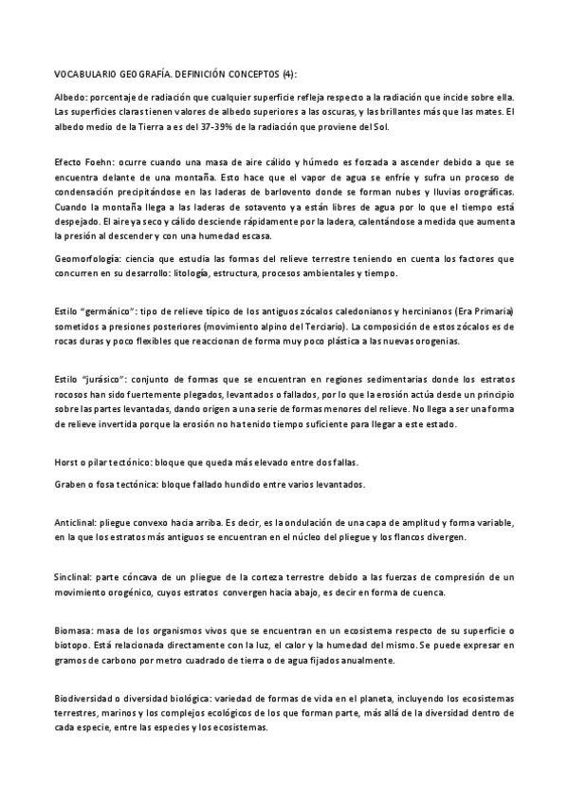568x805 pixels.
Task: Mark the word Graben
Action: pos(69,484)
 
